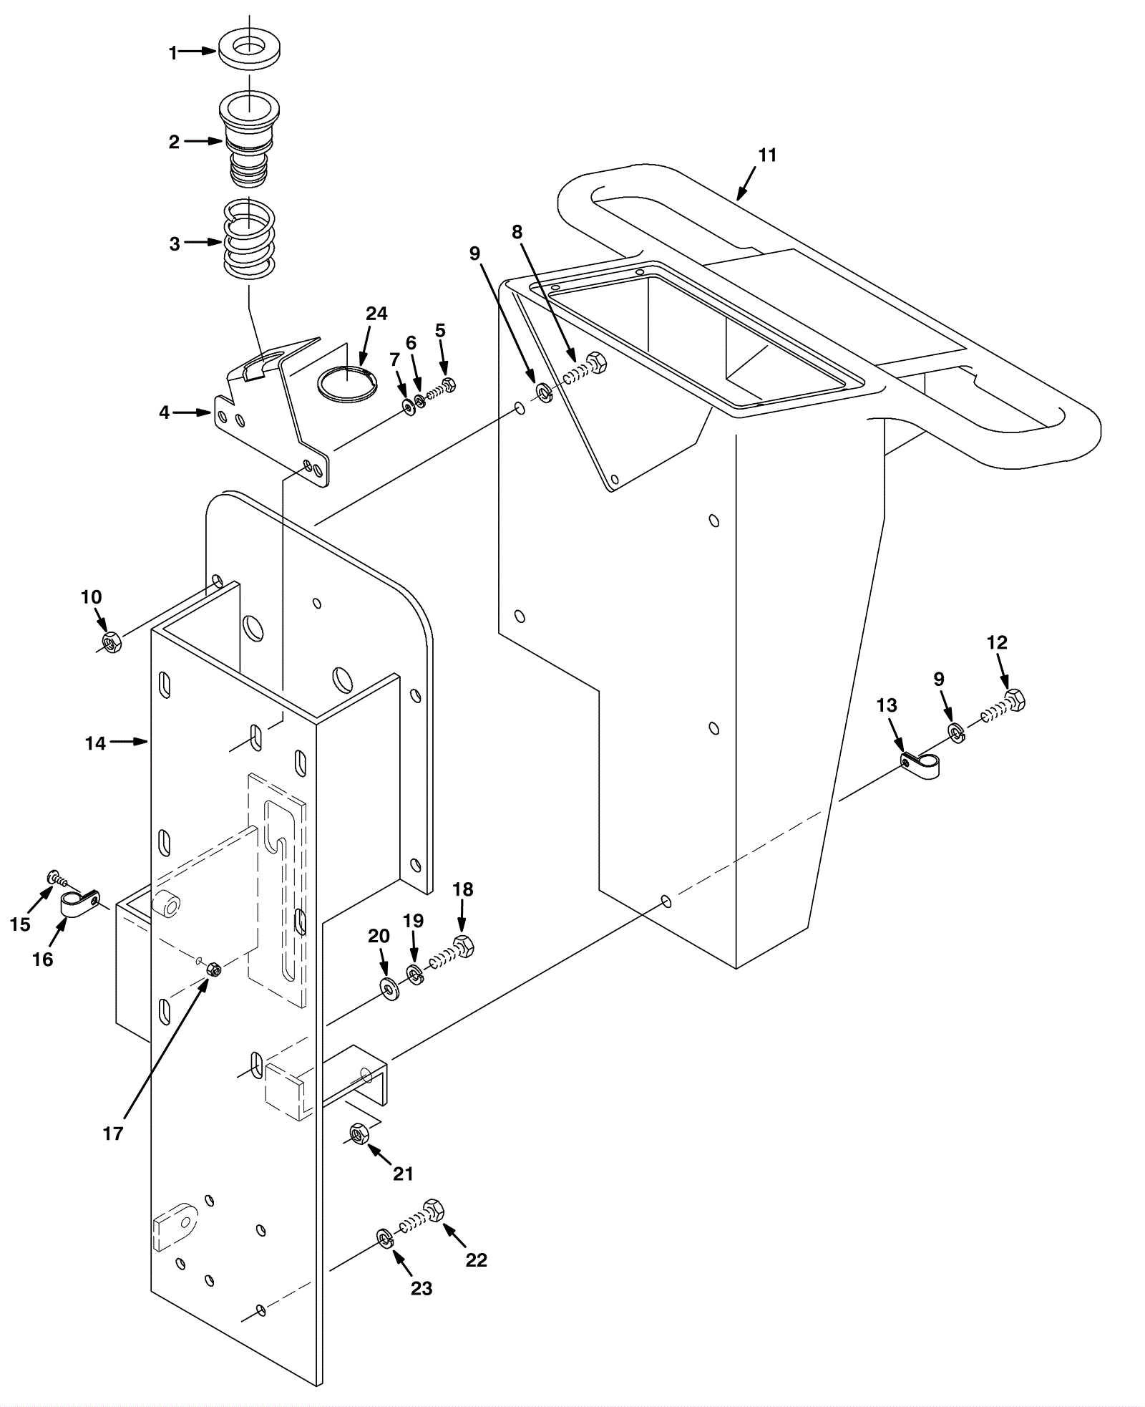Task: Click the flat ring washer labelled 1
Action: (x=248, y=51)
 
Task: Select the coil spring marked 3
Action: (x=248, y=239)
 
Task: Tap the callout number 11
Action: (x=767, y=155)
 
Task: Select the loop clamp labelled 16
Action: (x=79, y=903)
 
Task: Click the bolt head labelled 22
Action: (x=434, y=1210)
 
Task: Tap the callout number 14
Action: (x=95, y=743)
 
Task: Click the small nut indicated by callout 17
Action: (x=213, y=970)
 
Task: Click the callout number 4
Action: (x=165, y=412)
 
